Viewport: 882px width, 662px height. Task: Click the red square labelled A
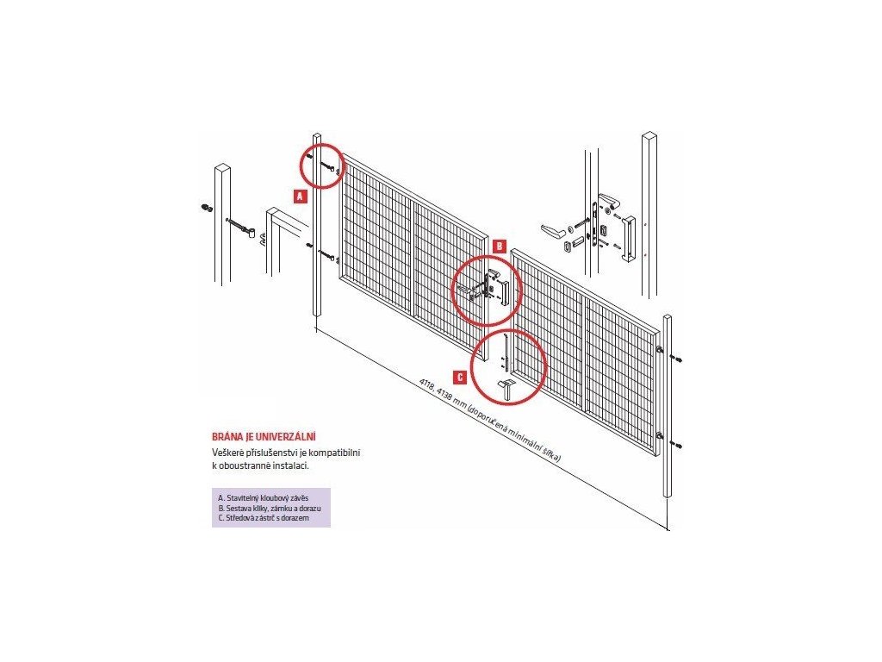(x=300, y=196)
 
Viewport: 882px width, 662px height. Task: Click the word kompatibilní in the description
(x=334, y=453)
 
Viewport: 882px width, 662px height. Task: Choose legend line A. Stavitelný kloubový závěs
(x=263, y=498)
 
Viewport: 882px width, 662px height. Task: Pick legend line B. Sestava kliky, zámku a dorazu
(x=270, y=509)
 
